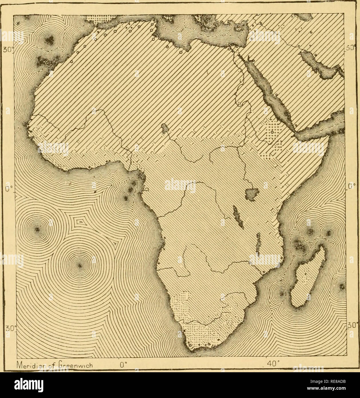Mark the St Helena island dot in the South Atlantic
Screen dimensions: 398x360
click(80, 266)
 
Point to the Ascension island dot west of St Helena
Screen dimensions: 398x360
click(37, 229)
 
